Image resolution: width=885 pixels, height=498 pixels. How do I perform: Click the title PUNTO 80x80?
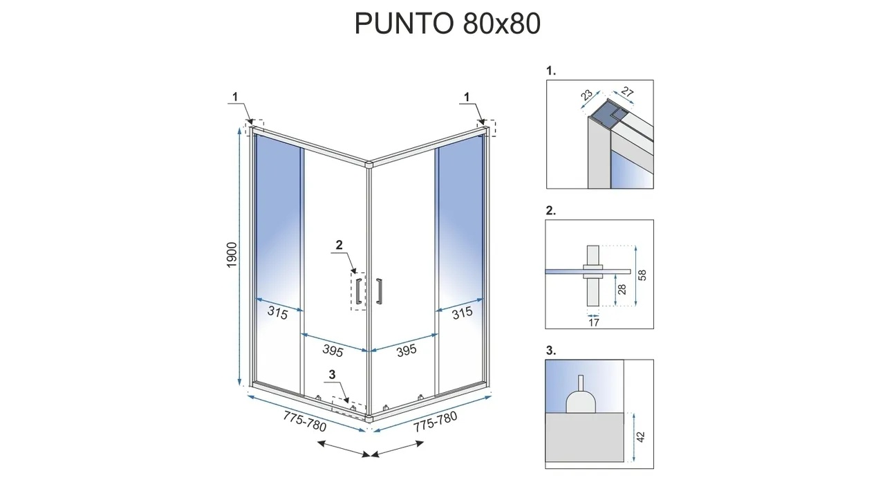(447, 24)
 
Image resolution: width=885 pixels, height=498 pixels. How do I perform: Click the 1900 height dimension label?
(232, 255)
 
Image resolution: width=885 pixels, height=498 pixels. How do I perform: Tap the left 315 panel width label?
(278, 313)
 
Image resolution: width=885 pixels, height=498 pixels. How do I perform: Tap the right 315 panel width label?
(462, 313)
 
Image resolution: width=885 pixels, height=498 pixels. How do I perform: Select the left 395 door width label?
(333, 350)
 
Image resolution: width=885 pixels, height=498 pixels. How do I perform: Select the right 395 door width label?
(406, 350)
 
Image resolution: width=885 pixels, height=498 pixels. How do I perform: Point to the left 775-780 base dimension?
(305, 421)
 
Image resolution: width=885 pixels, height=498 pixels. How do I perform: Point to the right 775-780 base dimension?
(435, 421)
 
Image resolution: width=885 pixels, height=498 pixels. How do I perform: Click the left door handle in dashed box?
(359, 291)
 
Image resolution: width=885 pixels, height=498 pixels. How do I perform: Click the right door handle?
(380, 291)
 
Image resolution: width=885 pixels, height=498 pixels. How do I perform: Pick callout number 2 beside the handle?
(339, 245)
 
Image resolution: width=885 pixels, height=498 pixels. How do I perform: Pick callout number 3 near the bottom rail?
(332, 374)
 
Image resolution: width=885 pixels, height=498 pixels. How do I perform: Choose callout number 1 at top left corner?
(235, 96)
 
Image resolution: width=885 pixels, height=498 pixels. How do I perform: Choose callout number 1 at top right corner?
(467, 96)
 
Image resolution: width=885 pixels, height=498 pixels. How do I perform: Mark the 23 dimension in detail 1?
(587, 95)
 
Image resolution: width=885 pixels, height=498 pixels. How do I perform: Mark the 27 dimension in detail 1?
(627, 92)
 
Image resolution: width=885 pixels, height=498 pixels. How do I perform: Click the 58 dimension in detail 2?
(642, 275)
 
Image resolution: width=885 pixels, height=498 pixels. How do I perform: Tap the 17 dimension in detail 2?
(594, 322)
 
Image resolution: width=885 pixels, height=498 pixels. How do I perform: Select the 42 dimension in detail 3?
(641, 436)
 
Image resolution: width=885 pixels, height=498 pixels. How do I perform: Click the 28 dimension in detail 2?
(622, 289)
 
